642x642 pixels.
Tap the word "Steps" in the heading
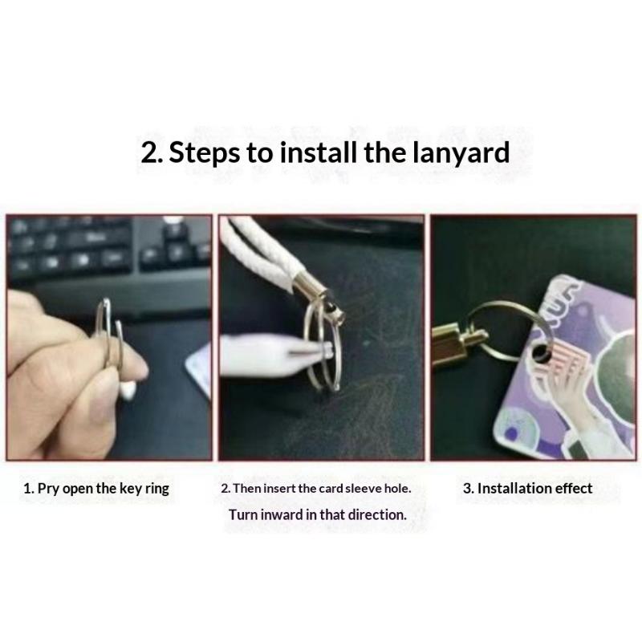pyautogui.click(x=205, y=153)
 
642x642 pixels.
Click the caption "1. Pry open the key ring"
pyautogui.click(x=96, y=489)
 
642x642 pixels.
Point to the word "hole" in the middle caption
pyautogui.click(x=396, y=488)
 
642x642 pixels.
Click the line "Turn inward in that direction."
pyautogui.click(x=318, y=514)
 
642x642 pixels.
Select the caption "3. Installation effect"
pyautogui.click(x=528, y=488)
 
